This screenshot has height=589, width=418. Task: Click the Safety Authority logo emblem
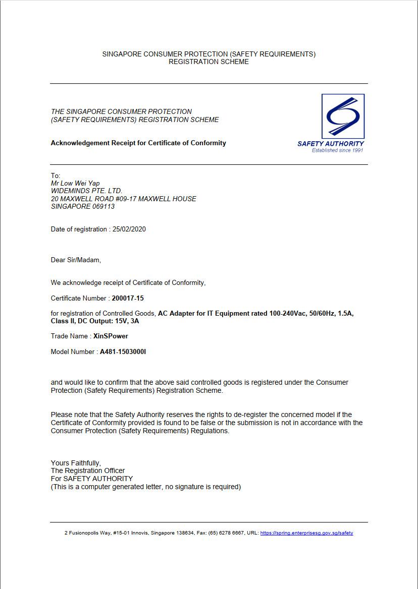pyautogui.click(x=343, y=116)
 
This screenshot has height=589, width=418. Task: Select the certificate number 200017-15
pyautogui.click(x=128, y=298)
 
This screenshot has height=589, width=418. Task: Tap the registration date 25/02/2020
pyautogui.click(x=129, y=229)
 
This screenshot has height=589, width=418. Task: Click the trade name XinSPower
pyautogui.click(x=111, y=336)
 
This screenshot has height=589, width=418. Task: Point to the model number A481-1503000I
pyautogui.click(x=123, y=351)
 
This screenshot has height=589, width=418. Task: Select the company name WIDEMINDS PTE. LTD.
pyautogui.click(x=87, y=191)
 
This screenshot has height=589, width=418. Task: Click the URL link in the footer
pyautogui.click(x=306, y=533)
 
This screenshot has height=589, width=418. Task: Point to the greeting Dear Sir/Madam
pyautogui.click(x=76, y=260)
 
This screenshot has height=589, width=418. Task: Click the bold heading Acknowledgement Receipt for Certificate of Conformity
pyautogui.click(x=138, y=143)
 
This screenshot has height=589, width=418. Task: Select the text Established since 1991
pyautogui.click(x=337, y=150)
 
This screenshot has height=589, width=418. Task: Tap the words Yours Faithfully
pyautogui.click(x=76, y=463)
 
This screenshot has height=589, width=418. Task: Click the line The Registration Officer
pyautogui.click(x=88, y=470)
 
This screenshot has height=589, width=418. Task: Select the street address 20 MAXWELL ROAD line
pyautogui.click(x=124, y=199)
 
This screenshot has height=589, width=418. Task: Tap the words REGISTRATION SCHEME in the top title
pyautogui.click(x=208, y=62)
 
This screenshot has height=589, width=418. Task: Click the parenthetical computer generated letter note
pyautogui.click(x=146, y=487)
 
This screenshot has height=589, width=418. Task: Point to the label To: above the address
pyautogui.click(x=56, y=175)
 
